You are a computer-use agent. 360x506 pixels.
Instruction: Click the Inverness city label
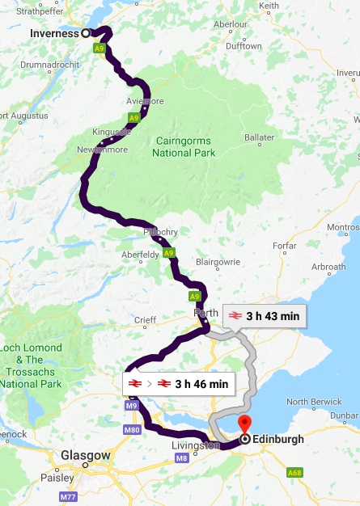coord(54,33)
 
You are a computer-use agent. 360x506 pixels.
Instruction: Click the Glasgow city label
coord(85,456)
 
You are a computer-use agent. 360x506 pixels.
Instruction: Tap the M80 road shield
coord(133,429)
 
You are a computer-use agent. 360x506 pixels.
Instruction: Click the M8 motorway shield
coord(180,458)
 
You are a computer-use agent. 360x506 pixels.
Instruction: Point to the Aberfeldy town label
coord(140,255)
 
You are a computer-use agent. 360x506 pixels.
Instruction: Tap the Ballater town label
coord(260,137)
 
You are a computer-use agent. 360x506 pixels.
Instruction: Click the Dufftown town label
coord(244,46)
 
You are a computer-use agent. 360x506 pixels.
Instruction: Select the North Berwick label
coord(308,402)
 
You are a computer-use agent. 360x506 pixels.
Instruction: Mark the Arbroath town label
coord(328,267)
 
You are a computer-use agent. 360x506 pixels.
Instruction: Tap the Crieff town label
coord(145,320)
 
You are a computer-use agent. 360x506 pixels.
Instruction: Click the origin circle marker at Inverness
coord(86,33)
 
